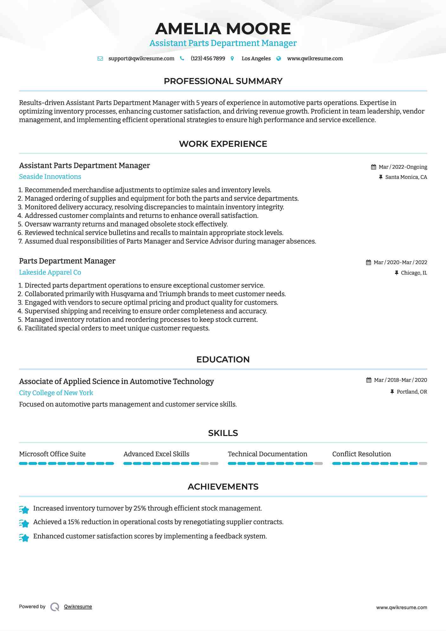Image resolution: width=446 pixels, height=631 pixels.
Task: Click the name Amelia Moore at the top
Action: (223, 29)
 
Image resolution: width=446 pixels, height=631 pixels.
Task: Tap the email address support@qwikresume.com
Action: (141, 59)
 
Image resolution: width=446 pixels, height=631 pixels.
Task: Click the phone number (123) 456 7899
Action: (208, 59)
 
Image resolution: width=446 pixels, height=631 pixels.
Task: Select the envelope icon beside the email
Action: (100, 59)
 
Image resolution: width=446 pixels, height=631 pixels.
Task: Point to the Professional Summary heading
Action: (223, 81)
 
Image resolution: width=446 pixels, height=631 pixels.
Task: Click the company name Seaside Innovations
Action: (50, 177)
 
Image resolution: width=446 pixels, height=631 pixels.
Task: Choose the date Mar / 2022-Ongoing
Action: (403, 167)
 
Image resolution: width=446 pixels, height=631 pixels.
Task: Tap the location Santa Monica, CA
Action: (406, 177)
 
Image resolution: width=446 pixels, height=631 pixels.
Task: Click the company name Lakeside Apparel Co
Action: (50, 272)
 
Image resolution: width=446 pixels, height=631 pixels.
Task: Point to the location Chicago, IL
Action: (414, 273)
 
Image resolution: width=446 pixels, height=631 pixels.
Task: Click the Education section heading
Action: (223, 360)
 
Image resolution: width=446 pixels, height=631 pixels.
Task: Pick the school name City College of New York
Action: (56, 393)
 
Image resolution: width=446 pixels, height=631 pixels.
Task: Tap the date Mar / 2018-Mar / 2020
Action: (400, 380)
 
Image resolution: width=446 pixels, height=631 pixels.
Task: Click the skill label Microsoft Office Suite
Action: (52, 454)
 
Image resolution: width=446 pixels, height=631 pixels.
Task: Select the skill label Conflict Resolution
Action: (361, 454)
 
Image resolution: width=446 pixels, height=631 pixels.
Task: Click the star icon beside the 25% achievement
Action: (24, 509)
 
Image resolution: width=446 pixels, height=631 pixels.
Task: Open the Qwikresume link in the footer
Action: (78, 607)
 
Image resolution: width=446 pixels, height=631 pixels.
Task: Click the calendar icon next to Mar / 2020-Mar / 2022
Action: (368, 263)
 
